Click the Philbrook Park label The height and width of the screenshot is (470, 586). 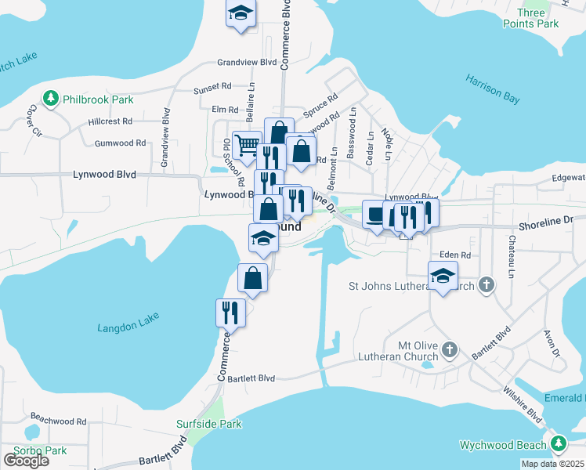(x=99, y=99)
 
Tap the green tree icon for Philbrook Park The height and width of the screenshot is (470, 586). (x=52, y=99)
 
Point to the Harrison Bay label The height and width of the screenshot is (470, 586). (x=493, y=89)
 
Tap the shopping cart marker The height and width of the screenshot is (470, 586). (x=247, y=144)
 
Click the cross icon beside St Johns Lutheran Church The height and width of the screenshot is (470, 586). (x=487, y=284)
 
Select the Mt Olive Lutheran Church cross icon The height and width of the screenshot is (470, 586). (x=450, y=349)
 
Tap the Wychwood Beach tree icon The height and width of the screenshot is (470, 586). (x=558, y=445)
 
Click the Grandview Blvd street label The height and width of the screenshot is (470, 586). (x=248, y=62)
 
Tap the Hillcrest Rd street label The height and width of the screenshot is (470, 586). (x=110, y=121)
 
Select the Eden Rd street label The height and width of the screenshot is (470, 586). (x=454, y=255)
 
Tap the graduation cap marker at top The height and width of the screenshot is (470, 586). (x=241, y=13)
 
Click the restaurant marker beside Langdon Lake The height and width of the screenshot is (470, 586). (x=230, y=312)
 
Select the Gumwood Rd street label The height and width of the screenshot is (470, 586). (x=120, y=143)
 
